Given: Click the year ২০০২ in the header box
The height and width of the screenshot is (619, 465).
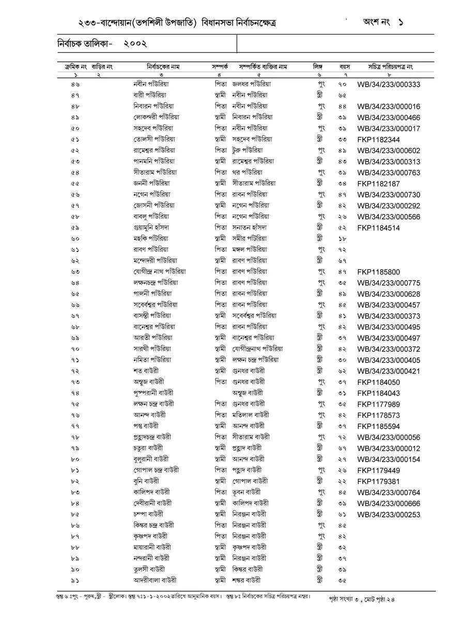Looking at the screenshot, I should pos(135,44).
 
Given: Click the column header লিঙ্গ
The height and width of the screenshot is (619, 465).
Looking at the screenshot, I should pos(318,67).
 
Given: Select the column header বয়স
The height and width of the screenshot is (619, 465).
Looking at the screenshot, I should pos(345,67).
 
